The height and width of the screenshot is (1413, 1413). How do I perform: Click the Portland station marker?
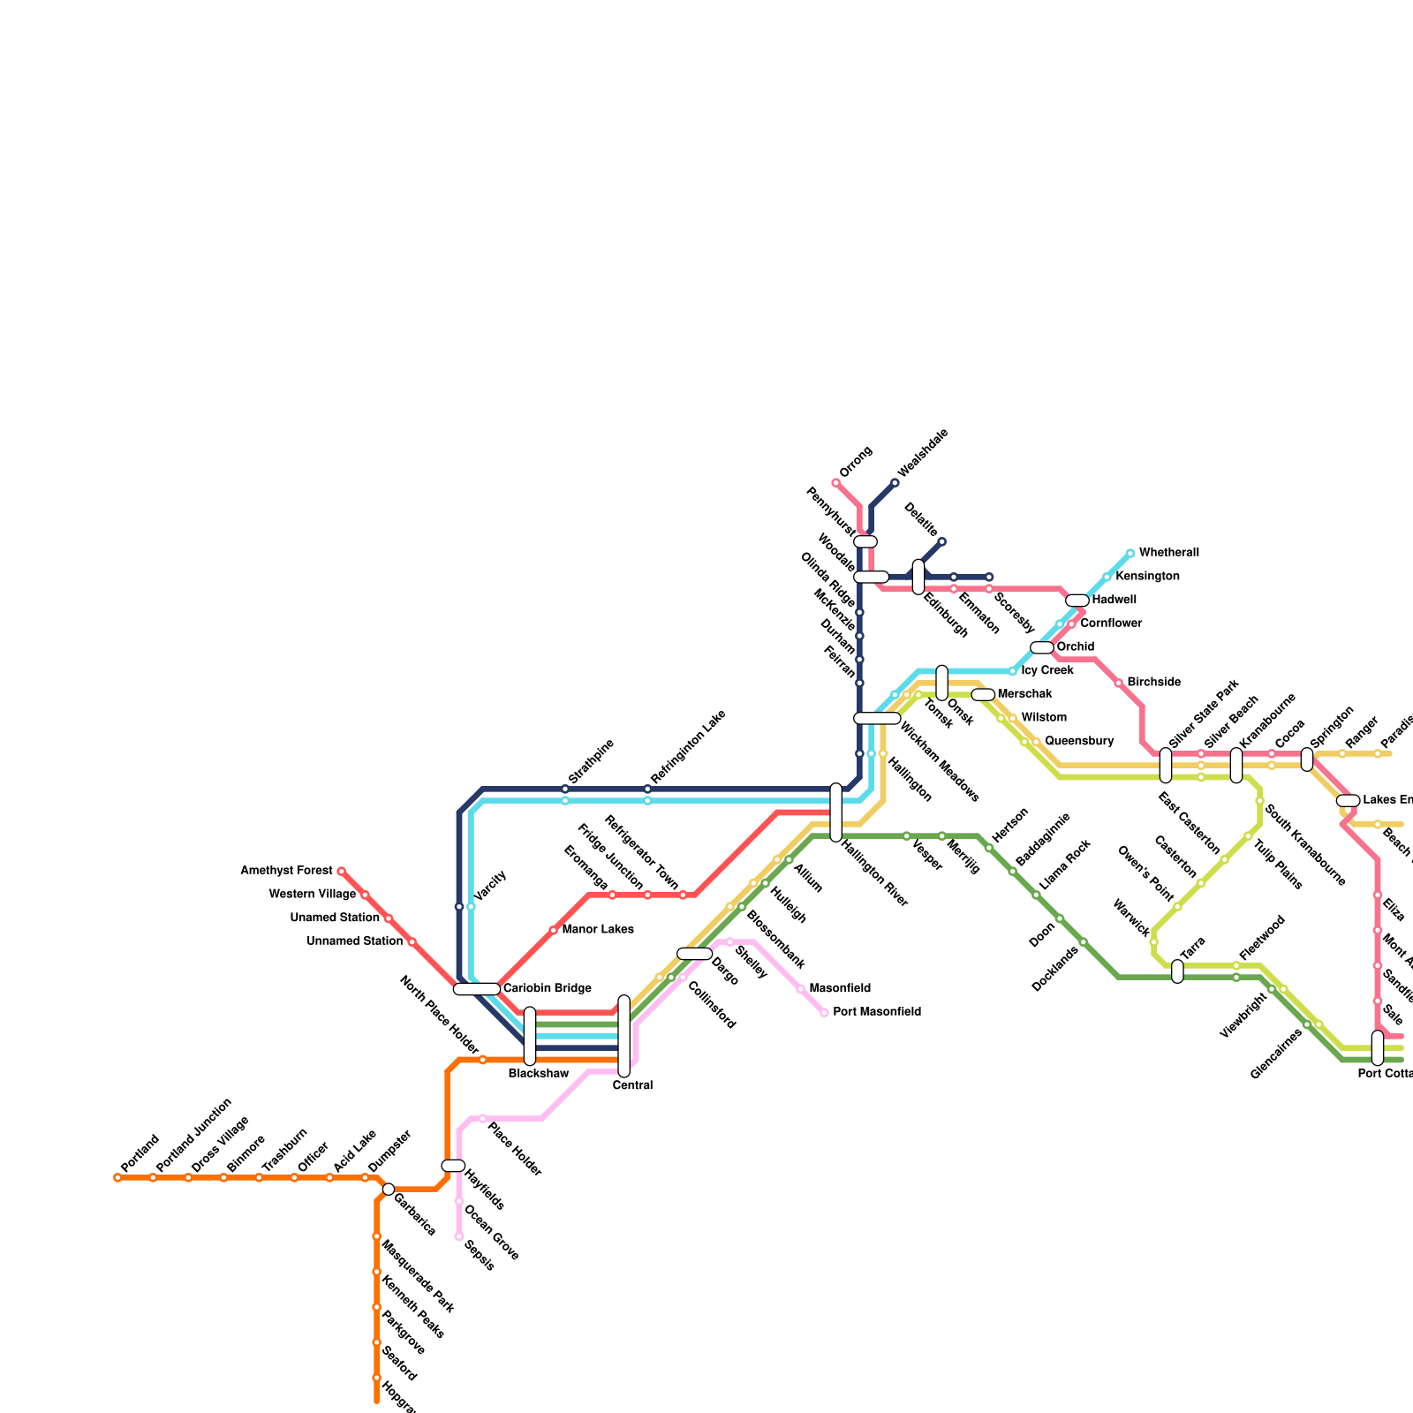point(117,1177)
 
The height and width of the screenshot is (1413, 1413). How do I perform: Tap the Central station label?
point(632,1085)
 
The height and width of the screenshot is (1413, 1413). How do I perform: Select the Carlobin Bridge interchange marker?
point(477,989)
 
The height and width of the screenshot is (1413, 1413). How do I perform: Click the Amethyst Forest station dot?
point(341,871)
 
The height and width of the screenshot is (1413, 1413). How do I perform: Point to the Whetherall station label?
point(1168,553)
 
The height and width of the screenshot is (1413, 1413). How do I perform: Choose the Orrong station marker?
point(835,483)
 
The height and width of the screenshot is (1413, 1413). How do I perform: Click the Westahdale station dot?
point(895,483)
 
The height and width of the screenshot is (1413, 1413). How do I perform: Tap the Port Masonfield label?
point(876,1012)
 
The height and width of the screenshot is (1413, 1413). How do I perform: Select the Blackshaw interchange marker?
point(530,1036)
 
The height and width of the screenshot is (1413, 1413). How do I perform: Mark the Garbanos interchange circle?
point(389,1189)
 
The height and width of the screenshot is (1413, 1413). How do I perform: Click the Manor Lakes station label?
point(597,930)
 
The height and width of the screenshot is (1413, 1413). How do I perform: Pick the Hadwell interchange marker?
point(1077,601)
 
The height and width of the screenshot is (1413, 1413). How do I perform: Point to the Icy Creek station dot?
point(1013,671)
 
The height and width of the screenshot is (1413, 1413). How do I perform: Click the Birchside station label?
point(1153,683)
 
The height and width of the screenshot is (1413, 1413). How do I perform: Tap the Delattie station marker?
point(941,541)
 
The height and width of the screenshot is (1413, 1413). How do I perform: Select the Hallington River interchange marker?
point(835,812)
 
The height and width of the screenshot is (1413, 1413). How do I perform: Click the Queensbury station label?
point(1078,741)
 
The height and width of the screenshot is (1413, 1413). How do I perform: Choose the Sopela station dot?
point(459,1236)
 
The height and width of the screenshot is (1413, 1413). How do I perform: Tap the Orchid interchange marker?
point(1042,647)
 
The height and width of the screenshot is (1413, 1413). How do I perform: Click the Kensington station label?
point(1147,577)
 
